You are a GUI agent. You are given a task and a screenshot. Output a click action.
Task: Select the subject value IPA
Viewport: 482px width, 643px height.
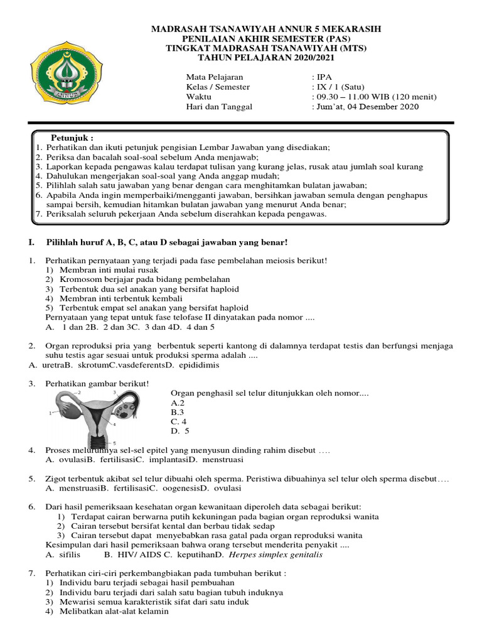324,77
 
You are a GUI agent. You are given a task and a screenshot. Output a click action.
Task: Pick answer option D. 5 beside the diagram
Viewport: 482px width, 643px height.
179,431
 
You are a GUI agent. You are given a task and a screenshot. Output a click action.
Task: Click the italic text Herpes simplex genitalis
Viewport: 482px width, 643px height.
276,555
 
